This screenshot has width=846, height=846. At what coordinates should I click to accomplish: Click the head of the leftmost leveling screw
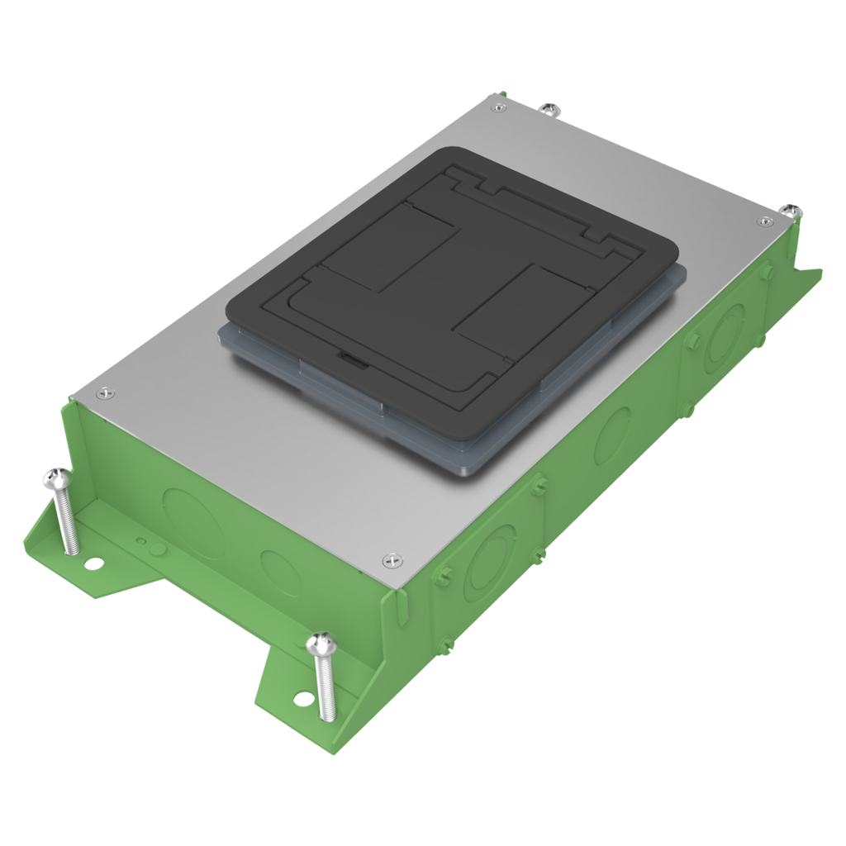(55, 477)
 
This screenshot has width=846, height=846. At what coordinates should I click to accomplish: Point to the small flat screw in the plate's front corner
(391, 562)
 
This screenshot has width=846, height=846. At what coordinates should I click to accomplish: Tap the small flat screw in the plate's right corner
(764, 221)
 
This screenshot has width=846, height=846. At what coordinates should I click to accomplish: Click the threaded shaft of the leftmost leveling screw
(65, 520)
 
